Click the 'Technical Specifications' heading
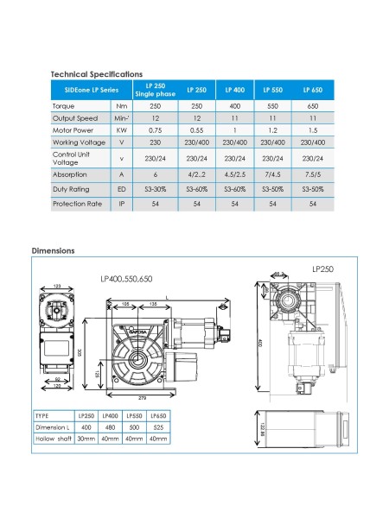97,75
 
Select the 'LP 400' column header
234,90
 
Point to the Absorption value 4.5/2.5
234,174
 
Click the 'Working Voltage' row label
76,142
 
